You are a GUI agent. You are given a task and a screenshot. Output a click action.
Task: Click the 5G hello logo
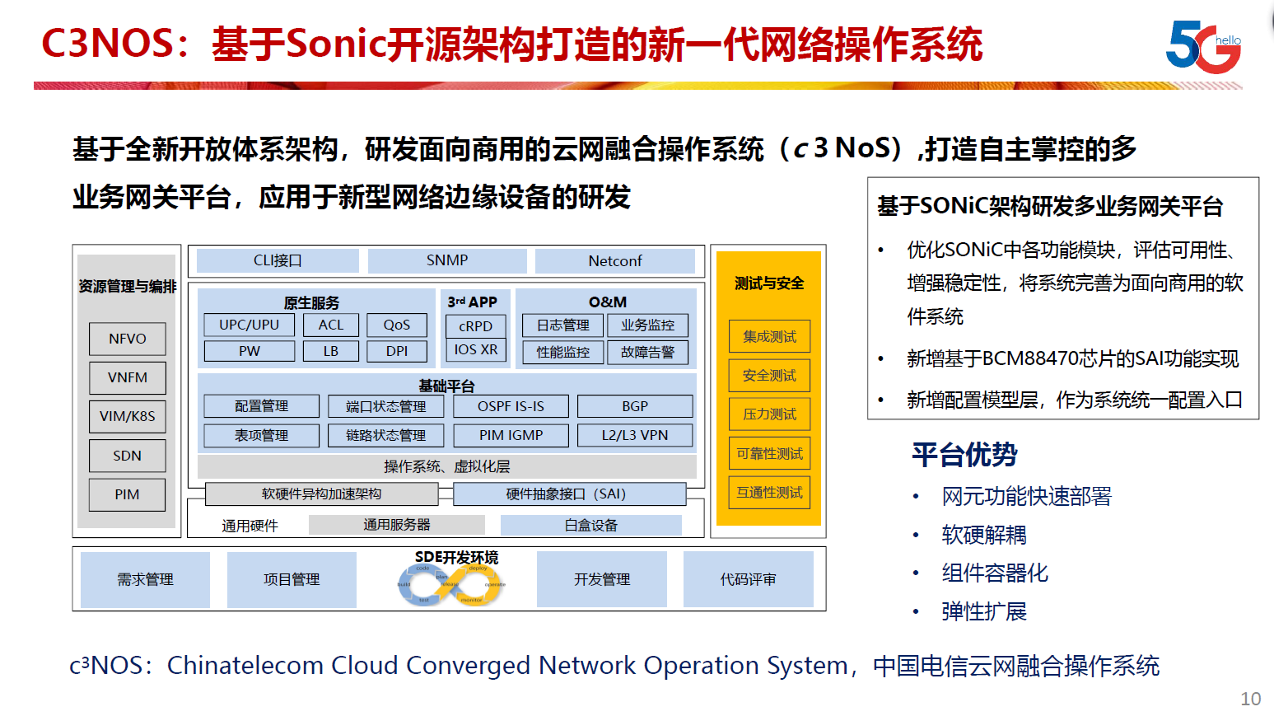pyautogui.click(x=1203, y=46)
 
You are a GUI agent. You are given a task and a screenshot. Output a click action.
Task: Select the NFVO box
pyautogui.click(x=127, y=339)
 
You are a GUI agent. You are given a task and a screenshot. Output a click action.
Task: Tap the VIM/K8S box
pyautogui.click(x=127, y=416)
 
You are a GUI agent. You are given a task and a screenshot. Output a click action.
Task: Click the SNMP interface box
pyautogui.click(x=447, y=260)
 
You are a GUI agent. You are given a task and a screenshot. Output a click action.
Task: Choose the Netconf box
pyautogui.click(x=614, y=261)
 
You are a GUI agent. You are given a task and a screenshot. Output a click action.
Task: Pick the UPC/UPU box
pyautogui.click(x=249, y=325)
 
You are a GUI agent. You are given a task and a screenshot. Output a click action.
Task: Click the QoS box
pyautogui.click(x=396, y=325)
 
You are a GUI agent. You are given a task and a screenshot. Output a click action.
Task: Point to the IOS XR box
pyautogui.click(x=476, y=349)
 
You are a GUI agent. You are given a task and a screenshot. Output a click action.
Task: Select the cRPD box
pyautogui.click(x=476, y=326)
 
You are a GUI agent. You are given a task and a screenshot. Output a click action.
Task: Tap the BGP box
pyautogui.click(x=635, y=406)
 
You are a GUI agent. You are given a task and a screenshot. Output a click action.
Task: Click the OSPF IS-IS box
pyautogui.click(x=511, y=406)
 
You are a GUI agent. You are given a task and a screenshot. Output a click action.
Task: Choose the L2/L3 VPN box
pyautogui.click(x=635, y=435)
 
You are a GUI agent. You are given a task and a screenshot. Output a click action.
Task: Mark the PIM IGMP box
pyautogui.click(x=511, y=435)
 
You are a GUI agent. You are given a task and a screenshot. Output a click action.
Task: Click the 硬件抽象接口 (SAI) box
pyautogui.click(x=569, y=494)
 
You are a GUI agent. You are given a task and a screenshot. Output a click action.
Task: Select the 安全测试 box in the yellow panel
pyautogui.click(x=769, y=376)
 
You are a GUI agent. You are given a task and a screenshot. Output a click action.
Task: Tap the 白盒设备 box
pyautogui.click(x=590, y=525)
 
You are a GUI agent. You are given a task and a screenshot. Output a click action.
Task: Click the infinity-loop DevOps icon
pyautogui.click(x=451, y=586)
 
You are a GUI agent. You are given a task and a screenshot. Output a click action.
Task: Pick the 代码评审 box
pyautogui.click(x=748, y=579)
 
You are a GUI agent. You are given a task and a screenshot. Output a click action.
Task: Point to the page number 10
pyautogui.click(x=1250, y=699)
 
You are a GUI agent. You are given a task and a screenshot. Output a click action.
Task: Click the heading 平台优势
pyautogui.click(x=964, y=455)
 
